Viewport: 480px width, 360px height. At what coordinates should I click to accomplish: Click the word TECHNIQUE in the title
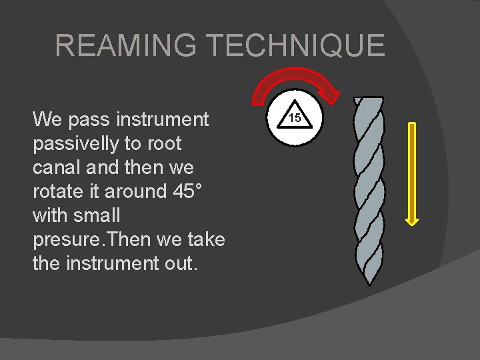295,46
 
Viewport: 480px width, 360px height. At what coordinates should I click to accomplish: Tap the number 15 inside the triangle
295,119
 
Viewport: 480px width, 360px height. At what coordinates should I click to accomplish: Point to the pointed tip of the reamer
369,283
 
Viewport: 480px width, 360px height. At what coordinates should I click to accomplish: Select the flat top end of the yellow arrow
413,124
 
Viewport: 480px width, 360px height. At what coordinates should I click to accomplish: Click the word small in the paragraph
97,215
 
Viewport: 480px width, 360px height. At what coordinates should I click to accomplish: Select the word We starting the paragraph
46,120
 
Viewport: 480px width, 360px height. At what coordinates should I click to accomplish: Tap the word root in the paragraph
165,144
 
